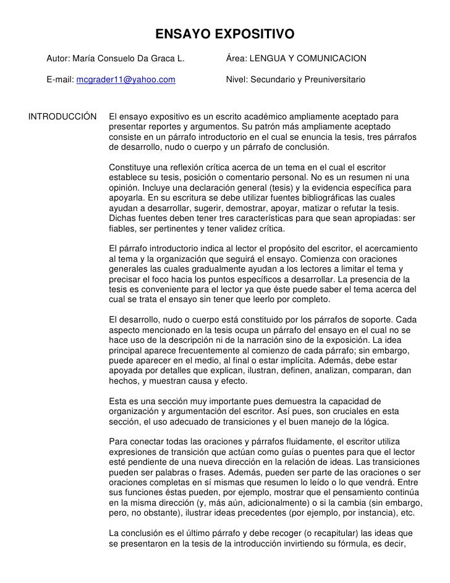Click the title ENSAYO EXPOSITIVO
tap(224, 33)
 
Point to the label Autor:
tap(58, 59)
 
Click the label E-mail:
tap(60, 80)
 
